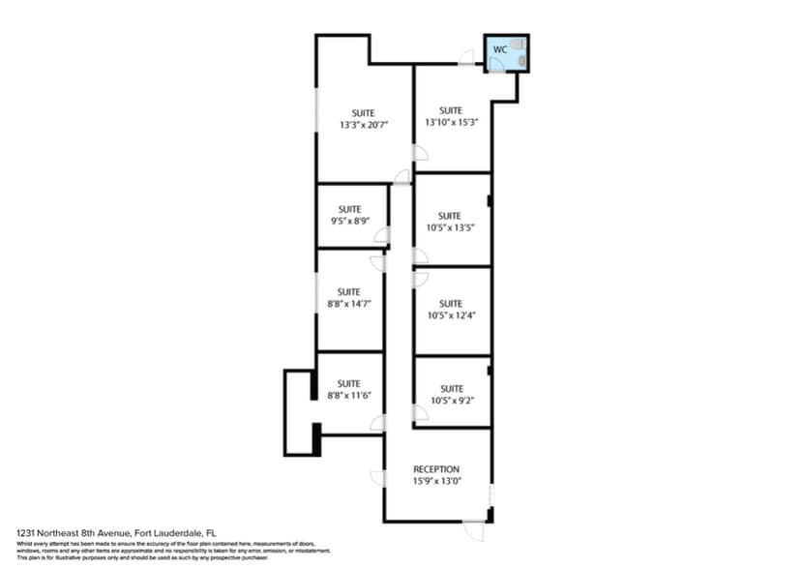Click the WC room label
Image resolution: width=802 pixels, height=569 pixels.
click(499, 48)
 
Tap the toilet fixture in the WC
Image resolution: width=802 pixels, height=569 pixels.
click(520, 45)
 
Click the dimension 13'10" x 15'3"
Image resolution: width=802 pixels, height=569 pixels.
click(452, 122)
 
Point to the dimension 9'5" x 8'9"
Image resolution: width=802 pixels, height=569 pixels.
click(349, 221)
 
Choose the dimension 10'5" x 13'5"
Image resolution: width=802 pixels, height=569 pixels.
click(450, 227)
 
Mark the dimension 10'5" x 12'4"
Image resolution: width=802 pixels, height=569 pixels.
click(450, 315)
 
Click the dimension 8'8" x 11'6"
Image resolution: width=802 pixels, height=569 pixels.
click(348, 395)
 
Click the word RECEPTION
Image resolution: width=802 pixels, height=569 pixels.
click(436, 469)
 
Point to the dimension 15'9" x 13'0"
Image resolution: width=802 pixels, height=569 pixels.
click(436, 481)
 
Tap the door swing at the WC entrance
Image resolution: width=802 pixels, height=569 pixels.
click(495, 64)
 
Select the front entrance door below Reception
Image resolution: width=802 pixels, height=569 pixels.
click(474, 529)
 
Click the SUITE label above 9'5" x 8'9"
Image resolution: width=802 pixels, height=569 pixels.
click(349, 209)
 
